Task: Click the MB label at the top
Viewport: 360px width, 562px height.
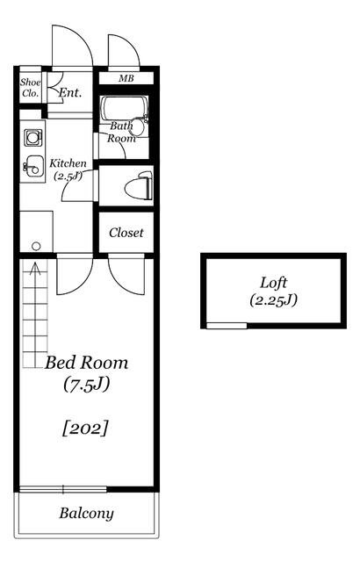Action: tap(126, 78)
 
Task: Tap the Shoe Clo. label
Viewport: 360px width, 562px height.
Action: tap(30, 88)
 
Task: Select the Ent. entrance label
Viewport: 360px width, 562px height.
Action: tap(70, 92)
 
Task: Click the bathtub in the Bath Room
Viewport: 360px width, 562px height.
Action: tap(124, 108)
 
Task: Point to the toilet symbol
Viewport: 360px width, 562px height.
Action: tap(139, 185)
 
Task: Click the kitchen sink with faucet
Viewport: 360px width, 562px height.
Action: tap(33, 166)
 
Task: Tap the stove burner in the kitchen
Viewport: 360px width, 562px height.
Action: tap(33, 138)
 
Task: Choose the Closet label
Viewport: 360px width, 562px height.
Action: tap(126, 233)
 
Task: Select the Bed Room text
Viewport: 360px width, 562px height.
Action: tap(86, 363)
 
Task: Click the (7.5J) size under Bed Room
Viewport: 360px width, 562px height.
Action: tap(87, 385)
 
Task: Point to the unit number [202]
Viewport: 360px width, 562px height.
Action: tap(85, 429)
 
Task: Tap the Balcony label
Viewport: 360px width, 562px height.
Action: tap(86, 513)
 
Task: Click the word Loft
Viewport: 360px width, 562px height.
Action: tap(273, 283)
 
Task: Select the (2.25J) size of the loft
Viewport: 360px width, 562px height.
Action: tap(274, 300)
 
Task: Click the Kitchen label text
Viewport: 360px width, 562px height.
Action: tap(68, 163)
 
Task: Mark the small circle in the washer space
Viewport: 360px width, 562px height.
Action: tap(36, 246)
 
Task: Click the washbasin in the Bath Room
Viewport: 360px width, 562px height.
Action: tap(137, 126)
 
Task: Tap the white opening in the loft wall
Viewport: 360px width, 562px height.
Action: tap(227, 326)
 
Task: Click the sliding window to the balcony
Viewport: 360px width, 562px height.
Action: tap(63, 489)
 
